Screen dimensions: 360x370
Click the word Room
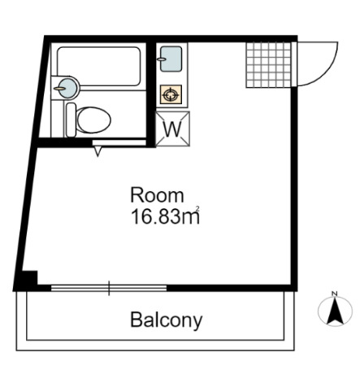[x=157, y=195]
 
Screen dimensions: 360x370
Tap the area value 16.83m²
[x=165, y=216]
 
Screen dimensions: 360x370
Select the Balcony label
[x=167, y=320]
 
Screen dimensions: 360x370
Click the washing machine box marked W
[x=172, y=129]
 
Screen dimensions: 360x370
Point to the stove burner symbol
[x=171, y=94]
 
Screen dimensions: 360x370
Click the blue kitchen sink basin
[x=171, y=59]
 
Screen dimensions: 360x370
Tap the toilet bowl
[x=93, y=120]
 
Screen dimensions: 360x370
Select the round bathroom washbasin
[x=68, y=88]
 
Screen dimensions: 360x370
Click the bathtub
[x=99, y=67]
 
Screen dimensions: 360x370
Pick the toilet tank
[x=71, y=120]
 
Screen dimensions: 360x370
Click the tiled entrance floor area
[x=268, y=65]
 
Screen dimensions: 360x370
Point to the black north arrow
[x=336, y=311]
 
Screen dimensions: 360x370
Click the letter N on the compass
[x=335, y=294]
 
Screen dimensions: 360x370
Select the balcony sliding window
[x=109, y=288]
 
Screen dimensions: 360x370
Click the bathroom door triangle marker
[x=98, y=151]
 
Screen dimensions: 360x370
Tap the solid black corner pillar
[x=29, y=278]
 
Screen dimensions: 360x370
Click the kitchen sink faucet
[x=162, y=59]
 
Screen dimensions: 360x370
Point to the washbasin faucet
[x=59, y=88]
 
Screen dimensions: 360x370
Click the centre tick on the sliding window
[x=109, y=288]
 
